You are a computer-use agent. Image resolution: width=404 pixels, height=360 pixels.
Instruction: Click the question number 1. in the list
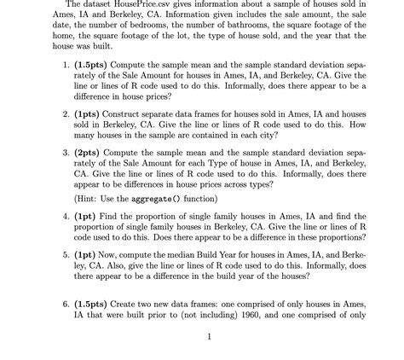tap(56, 63)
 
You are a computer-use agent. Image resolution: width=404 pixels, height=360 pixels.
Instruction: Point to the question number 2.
tap(56, 112)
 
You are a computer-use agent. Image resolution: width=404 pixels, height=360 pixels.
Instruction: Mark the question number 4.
tap(56, 216)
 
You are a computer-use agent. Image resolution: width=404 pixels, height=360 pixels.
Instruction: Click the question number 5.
tap(56, 253)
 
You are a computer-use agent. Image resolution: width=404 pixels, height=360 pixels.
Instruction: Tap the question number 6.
tap(56, 304)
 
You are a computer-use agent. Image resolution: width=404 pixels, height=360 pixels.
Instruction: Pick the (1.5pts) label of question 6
tap(87, 304)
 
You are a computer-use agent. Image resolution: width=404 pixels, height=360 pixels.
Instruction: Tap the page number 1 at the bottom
tap(209, 335)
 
